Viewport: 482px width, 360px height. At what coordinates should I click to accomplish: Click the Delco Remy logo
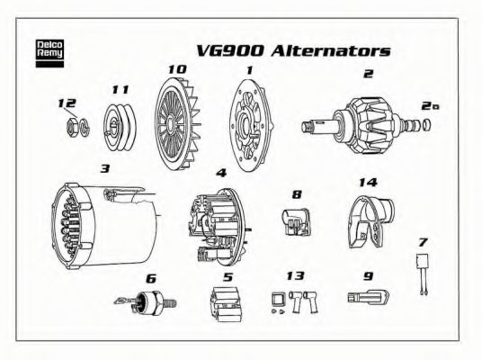pyautogui.click(x=47, y=50)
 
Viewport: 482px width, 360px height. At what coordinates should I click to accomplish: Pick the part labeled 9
pyautogui.click(x=366, y=296)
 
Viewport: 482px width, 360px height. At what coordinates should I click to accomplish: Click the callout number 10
pyautogui.click(x=176, y=68)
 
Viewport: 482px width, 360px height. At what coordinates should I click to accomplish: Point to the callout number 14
pyautogui.click(x=366, y=183)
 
